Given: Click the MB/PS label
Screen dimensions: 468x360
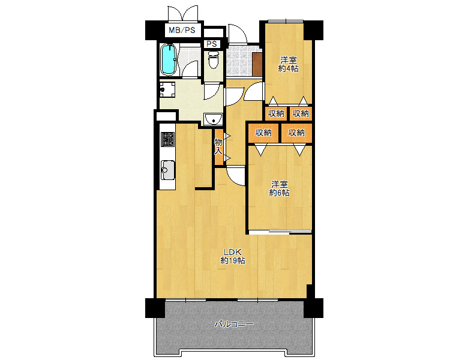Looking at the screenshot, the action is click(x=182, y=30).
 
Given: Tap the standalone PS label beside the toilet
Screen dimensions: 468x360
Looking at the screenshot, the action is click(x=212, y=44).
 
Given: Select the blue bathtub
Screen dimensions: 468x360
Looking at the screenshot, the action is click(x=169, y=59).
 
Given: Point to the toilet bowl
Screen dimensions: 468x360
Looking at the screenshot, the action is click(x=213, y=60).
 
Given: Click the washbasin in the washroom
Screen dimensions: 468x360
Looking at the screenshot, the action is click(x=213, y=119).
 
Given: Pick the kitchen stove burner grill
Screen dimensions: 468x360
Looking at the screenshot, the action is click(x=167, y=139).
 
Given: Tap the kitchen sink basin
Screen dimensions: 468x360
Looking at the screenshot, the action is click(x=168, y=170).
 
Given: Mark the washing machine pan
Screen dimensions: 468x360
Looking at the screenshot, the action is click(x=167, y=89).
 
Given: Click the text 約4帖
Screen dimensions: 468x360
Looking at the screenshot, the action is click(x=289, y=68).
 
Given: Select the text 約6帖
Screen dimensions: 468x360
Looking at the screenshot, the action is click(x=280, y=193).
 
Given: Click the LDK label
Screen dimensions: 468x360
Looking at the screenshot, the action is click(x=233, y=251).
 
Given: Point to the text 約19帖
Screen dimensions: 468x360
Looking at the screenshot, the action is click(x=233, y=260).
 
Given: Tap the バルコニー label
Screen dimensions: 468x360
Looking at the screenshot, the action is click(x=234, y=324).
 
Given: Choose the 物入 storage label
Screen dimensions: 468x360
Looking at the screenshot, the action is click(x=218, y=146).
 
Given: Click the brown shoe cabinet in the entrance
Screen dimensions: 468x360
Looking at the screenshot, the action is click(x=257, y=64).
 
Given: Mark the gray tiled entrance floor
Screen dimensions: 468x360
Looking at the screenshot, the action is click(x=239, y=60).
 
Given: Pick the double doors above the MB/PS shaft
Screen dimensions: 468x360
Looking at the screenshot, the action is click(x=183, y=13).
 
